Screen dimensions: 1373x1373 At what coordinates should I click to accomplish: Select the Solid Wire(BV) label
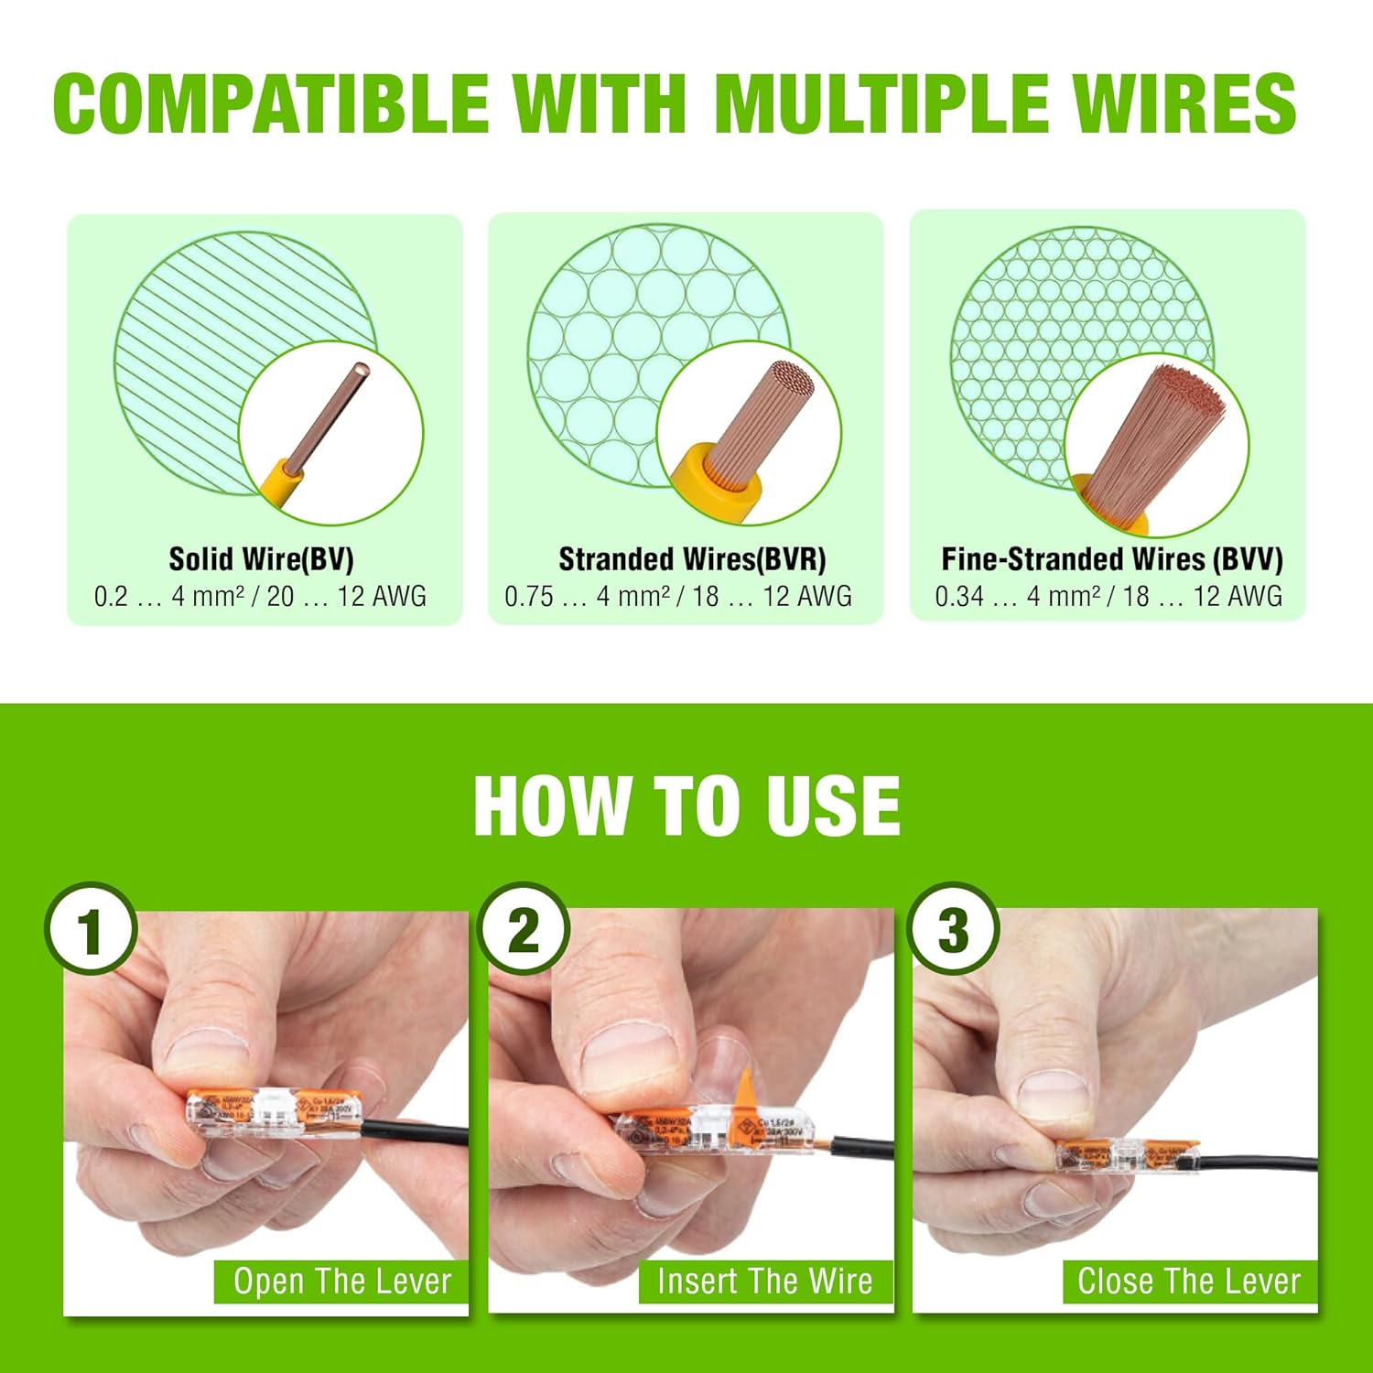click(261, 559)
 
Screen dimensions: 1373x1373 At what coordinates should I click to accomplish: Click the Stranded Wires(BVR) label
click(692, 559)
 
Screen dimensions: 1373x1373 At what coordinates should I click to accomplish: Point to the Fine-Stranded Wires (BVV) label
click(1111, 559)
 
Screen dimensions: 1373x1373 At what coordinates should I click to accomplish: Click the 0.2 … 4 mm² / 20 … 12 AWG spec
click(261, 597)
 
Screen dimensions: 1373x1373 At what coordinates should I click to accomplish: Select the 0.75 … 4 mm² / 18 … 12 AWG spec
click(678, 597)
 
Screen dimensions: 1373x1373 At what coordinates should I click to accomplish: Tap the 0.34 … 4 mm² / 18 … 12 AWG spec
click(1108, 597)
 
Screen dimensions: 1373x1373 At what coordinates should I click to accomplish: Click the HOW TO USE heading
click(686, 805)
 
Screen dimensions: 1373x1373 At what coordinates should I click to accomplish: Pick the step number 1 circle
click(91, 930)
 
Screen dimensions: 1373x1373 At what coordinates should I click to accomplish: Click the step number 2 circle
click(524, 930)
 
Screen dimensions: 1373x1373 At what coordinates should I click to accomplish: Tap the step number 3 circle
click(953, 930)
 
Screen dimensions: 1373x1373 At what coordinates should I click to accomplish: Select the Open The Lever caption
click(342, 1281)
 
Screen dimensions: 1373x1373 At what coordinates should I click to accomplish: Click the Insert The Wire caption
click(765, 1281)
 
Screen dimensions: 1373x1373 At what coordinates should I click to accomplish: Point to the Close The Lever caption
click(1189, 1281)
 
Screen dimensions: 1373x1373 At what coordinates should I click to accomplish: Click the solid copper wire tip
click(361, 370)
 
